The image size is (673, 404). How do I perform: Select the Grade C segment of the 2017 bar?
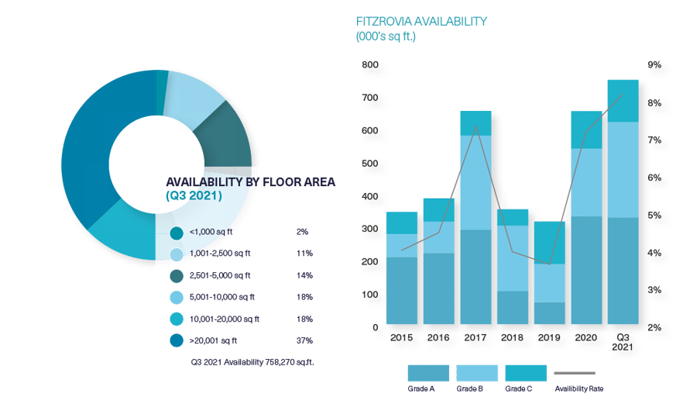click(x=476, y=123)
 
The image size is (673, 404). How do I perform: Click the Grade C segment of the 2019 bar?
click(x=550, y=243)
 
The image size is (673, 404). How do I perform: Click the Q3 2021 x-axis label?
click(x=623, y=343)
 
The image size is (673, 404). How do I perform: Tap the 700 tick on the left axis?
click(x=370, y=98)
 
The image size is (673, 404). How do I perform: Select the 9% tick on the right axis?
click(x=654, y=65)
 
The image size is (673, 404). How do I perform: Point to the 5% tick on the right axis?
click(x=654, y=216)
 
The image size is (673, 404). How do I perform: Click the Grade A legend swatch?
click(x=428, y=373)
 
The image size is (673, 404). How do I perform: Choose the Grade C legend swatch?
click(x=525, y=373)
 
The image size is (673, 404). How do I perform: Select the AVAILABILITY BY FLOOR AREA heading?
click(x=250, y=182)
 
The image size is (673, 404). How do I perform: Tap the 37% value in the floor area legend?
click(x=304, y=340)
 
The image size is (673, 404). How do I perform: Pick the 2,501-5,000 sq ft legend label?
click(x=220, y=275)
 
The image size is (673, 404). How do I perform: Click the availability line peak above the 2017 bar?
click(x=476, y=126)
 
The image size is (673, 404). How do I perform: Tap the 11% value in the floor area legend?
click(x=304, y=254)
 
